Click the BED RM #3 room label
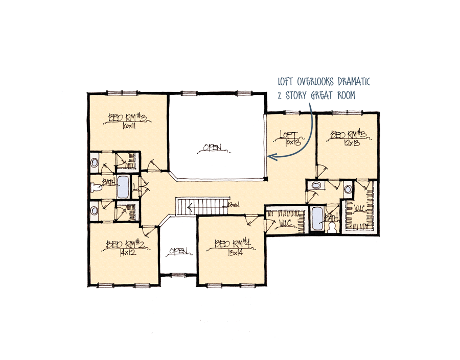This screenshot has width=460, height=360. (127, 118)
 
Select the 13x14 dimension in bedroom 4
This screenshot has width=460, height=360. (232, 252)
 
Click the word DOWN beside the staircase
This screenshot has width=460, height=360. (235, 205)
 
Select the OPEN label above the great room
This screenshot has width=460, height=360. (213, 148)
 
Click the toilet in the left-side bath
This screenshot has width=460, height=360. (96, 188)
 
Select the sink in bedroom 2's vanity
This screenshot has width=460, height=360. (95, 210)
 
